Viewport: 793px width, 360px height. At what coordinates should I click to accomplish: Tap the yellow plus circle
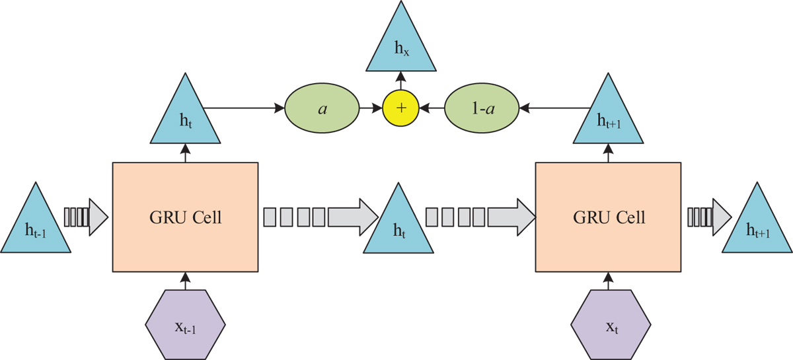point(401,106)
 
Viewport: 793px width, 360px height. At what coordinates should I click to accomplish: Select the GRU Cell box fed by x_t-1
point(185,217)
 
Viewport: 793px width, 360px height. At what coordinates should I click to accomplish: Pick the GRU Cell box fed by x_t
point(607,217)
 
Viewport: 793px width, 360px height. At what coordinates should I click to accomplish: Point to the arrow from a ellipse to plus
point(371,106)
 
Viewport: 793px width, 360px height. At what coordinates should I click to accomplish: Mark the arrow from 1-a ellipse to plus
point(432,106)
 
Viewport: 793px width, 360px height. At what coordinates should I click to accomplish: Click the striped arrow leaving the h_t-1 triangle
point(85,217)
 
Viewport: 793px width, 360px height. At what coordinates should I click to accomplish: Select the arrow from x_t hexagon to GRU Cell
point(608,281)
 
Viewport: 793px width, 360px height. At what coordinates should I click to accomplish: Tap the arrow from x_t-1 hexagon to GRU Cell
point(186,281)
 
